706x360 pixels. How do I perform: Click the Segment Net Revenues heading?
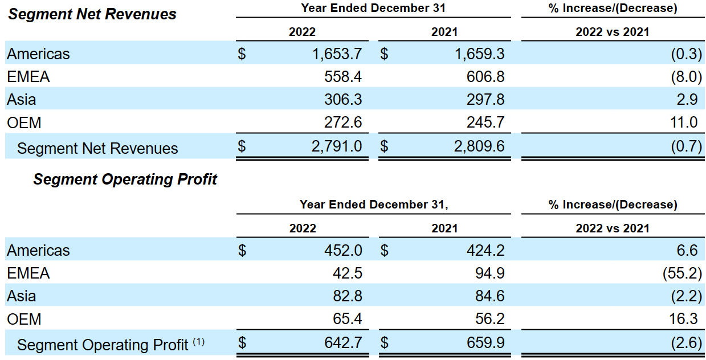[92, 14]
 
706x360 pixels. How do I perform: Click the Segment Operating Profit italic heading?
[125, 179]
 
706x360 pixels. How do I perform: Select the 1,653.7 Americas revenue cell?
[337, 54]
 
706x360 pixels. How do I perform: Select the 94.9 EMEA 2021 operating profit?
[488, 273]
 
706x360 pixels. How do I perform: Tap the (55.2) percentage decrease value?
[681, 273]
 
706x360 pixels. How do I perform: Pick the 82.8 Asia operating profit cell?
[346, 296]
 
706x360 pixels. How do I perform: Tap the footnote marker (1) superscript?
[198, 342]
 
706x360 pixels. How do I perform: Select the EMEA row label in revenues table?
[28, 77]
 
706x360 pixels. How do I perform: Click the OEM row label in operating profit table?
[25, 320]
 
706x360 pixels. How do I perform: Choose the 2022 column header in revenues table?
[302, 32]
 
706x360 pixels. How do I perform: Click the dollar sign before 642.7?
[242, 343]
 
